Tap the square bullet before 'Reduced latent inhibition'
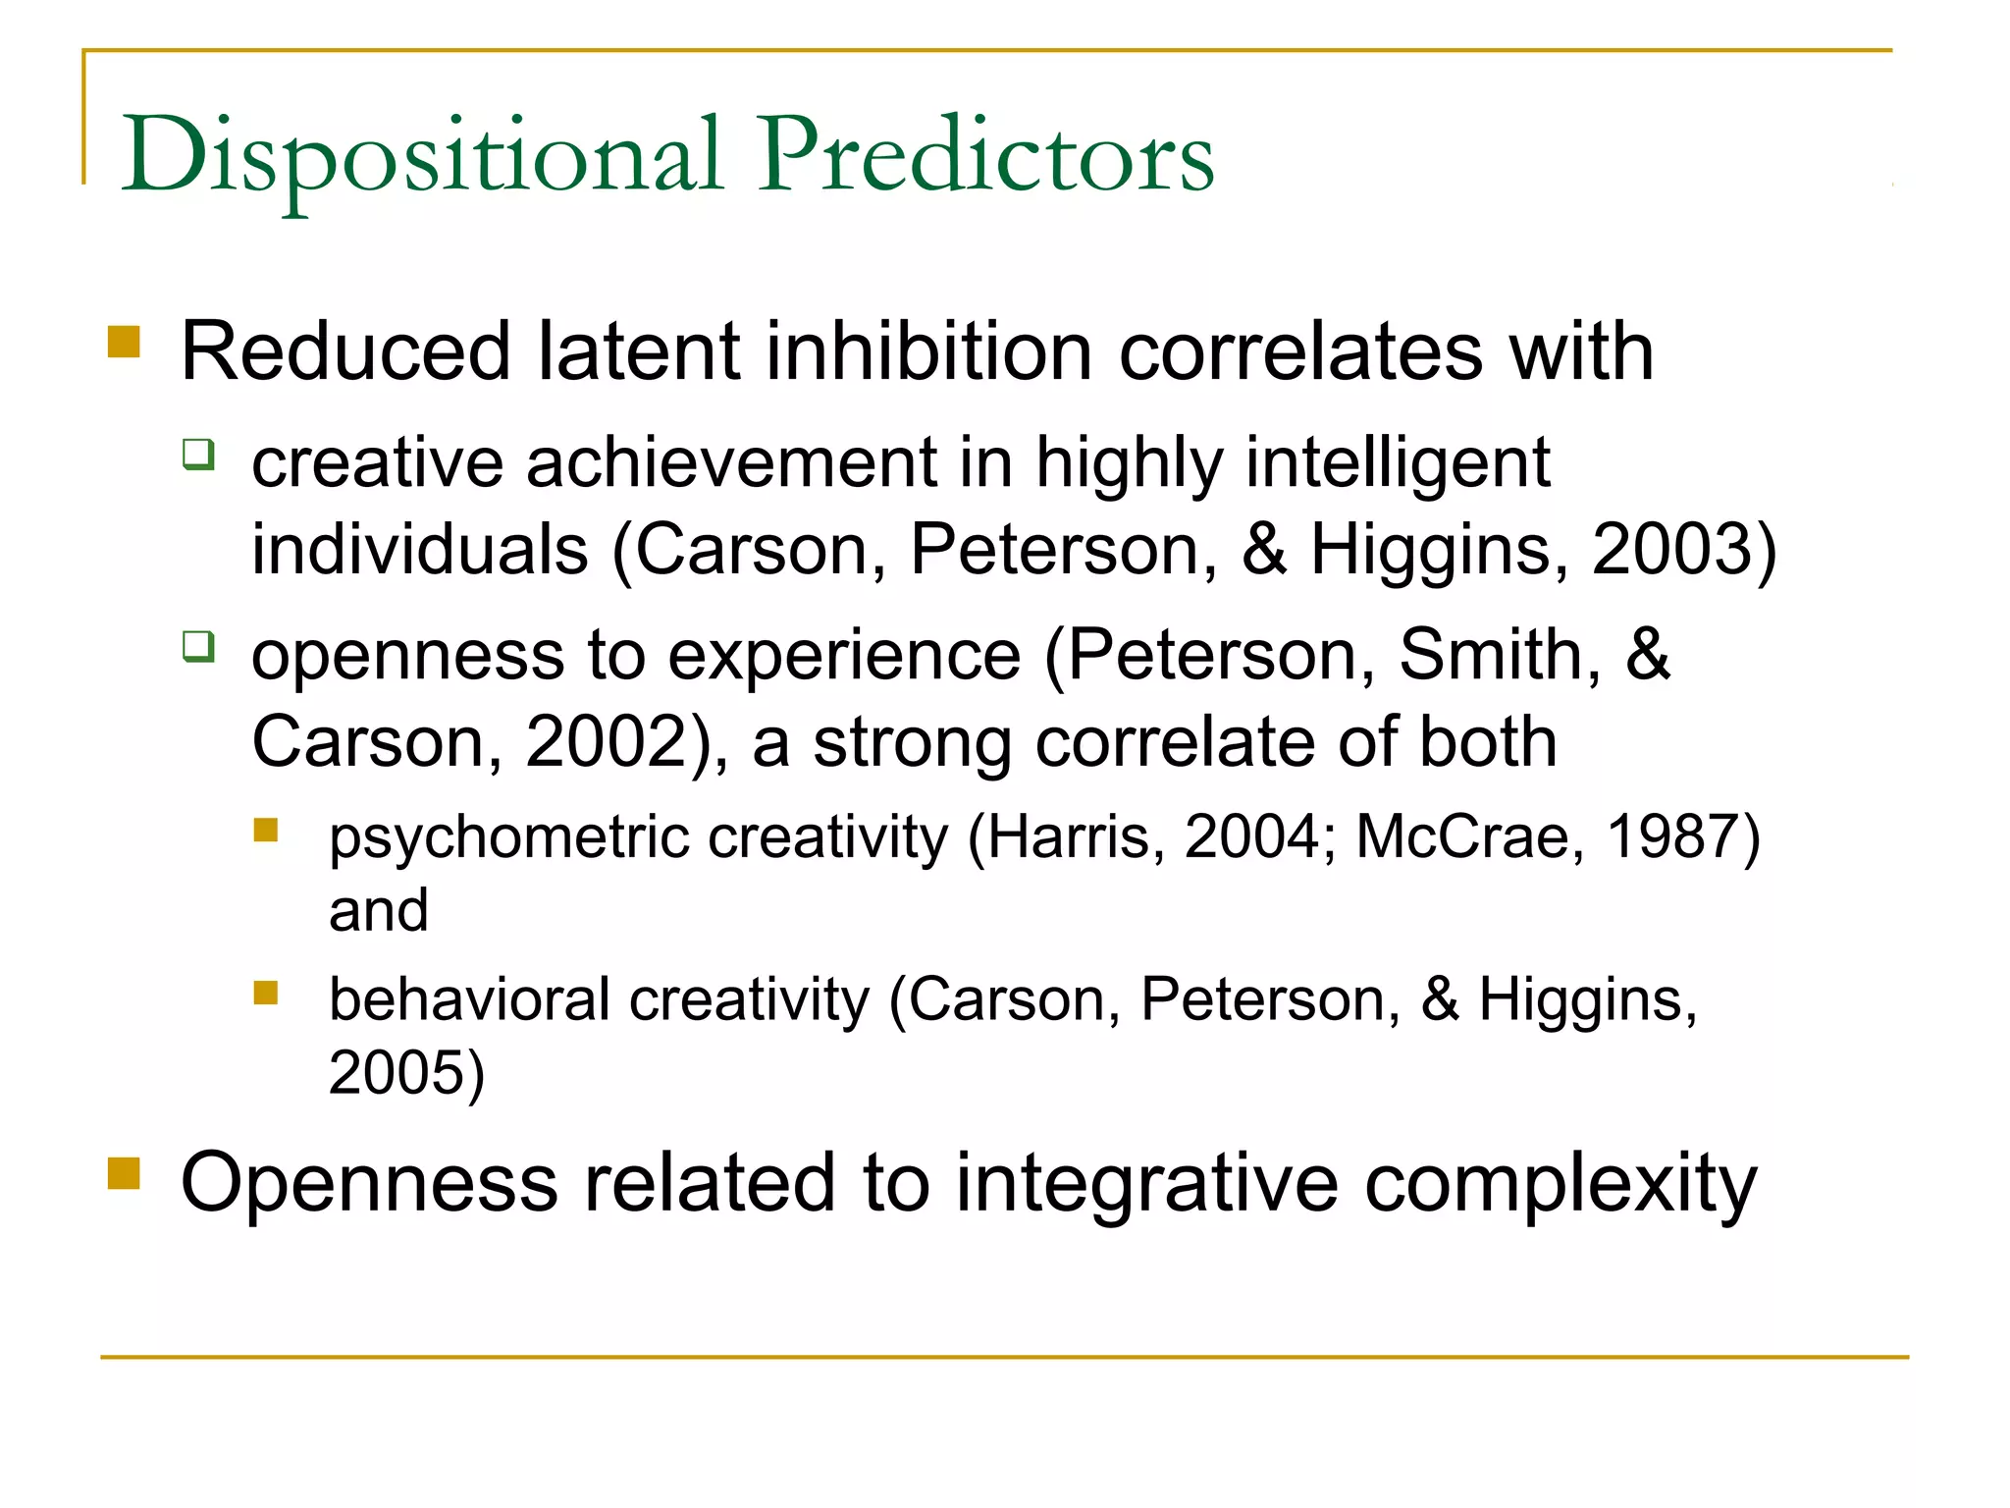(x=124, y=343)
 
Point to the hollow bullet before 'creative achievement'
(x=198, y=455)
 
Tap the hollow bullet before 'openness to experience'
(x=198, y=647)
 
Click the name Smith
(x=1498, y=654)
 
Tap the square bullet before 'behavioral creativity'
(x=265, y=994)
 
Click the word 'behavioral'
(x=469, y=999)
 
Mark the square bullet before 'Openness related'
(x=124, y=1173)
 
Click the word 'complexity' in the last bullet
(x=1560, y=1184)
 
